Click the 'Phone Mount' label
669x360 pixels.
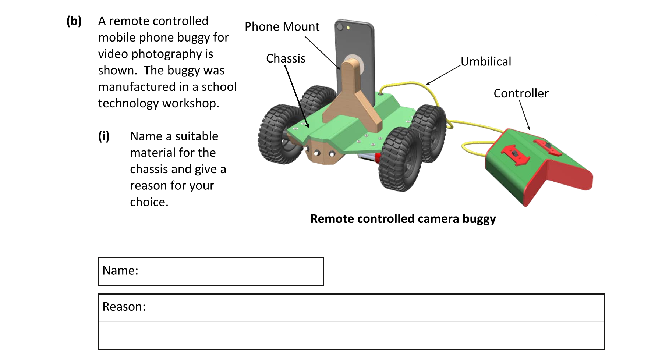coord(282,27)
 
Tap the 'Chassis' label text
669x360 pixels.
coord(286,58)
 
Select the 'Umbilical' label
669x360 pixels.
coord(486,61)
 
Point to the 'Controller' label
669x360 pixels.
coord(521,93)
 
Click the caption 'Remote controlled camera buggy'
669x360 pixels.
coord(403,219)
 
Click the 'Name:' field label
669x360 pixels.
coord(120,271)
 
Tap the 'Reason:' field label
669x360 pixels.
coord(124,307)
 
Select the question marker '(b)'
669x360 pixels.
coord(74,21)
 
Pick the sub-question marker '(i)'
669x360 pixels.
coord(104,136)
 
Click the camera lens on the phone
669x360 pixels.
coord(340,27)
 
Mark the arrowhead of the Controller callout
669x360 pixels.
coord(529,128)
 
